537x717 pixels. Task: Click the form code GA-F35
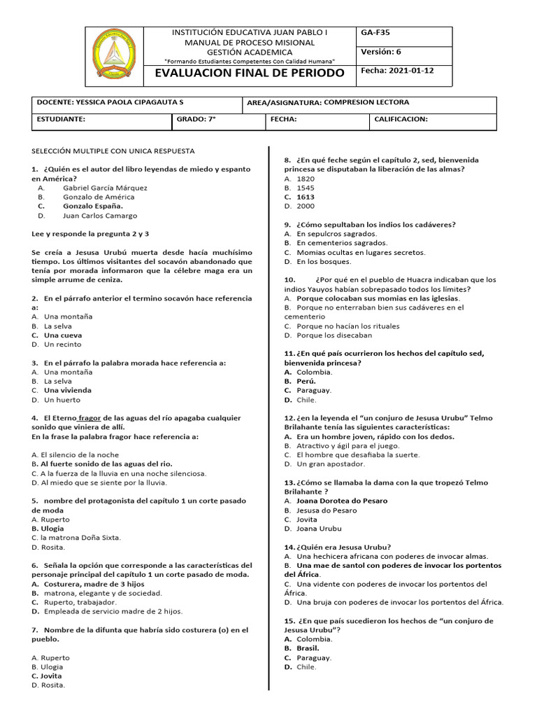[x=375, y=33]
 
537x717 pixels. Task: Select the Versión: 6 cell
[x=380, y=52]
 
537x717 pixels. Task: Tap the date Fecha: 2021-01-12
[x=397, y=71]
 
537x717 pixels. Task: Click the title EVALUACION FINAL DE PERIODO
[x=250, y=73]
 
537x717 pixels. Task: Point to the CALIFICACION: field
[x=401, y=119]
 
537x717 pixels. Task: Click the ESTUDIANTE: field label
[x=61, y=119]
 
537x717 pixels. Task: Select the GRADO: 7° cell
[x=196, y=119]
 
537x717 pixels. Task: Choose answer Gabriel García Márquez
[x=105, y=188]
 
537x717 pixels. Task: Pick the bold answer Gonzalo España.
[x=92, y=206]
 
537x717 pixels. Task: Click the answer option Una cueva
[x=63, y=335]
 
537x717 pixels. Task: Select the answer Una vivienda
[x=67, y=390]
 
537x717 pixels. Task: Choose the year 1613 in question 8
[x=306, y=197]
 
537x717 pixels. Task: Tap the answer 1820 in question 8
[x=306, y=179]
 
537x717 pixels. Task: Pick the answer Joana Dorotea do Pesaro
[x=342, y=501]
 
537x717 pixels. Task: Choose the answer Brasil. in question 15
[x=308, y=648]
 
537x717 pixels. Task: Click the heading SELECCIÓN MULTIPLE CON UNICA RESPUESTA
[x=113, y=151]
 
